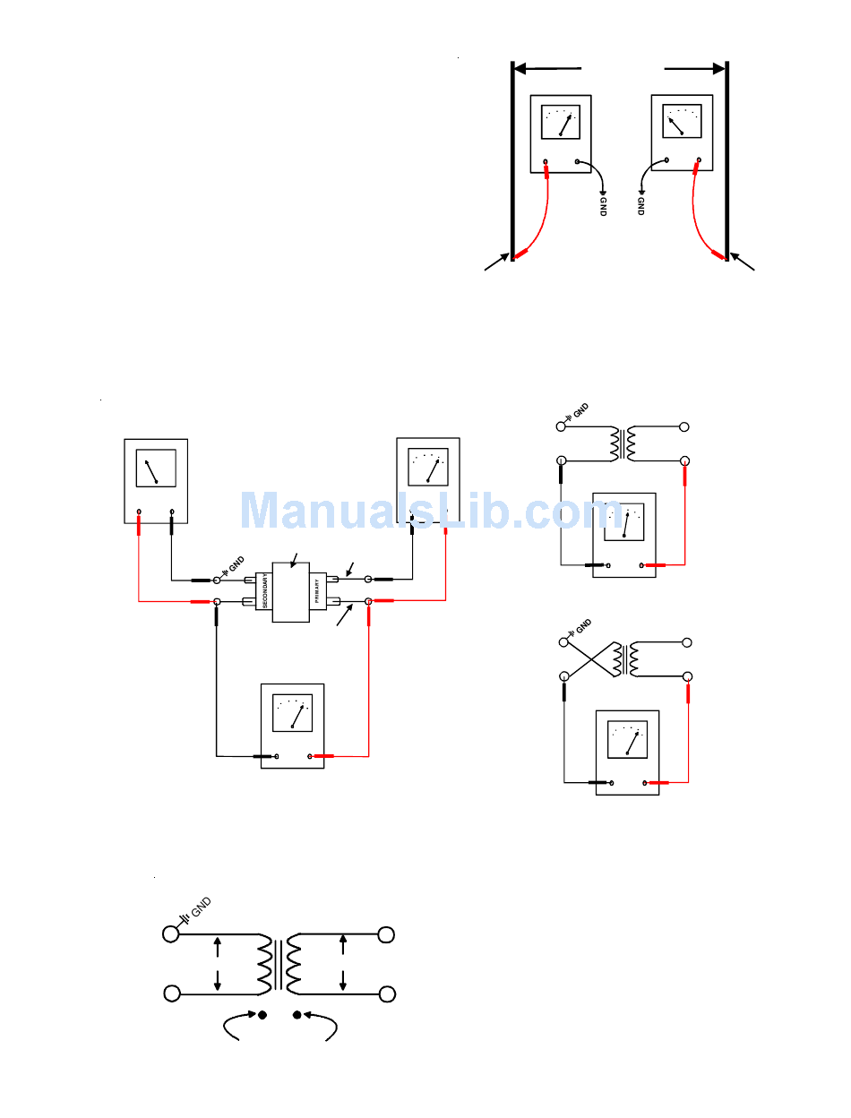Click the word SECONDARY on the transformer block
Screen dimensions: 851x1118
click(266, 590)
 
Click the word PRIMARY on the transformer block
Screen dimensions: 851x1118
click(317, 590)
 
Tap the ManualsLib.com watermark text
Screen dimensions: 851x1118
click(425, 512)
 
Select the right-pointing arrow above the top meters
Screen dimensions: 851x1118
click(694, 67)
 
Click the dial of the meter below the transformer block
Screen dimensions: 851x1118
click(292, 713)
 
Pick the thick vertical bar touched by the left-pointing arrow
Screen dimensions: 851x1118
click(512, 161)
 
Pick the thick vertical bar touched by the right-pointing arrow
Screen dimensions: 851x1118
click(726, 161)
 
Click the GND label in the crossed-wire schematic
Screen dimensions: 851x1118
click(582, 624)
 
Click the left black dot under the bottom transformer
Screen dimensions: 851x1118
click(262, 1015)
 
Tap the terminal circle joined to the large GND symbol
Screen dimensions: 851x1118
click(170, 934)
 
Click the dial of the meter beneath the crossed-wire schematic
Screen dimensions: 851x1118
click(628, 739)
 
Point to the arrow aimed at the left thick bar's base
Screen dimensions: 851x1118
click(495, 263)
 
